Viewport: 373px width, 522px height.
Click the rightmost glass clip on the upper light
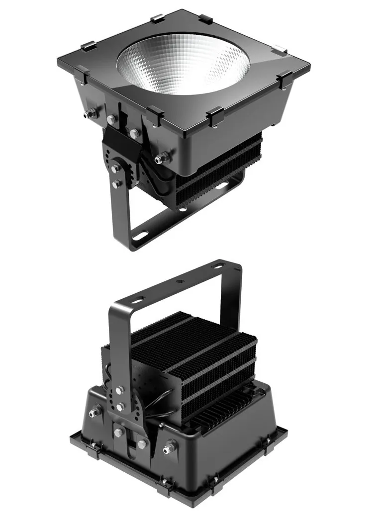pyautogui.click(x=285, y=79)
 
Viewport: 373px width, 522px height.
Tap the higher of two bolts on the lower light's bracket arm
pyautogui.click(x=119, y=391)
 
